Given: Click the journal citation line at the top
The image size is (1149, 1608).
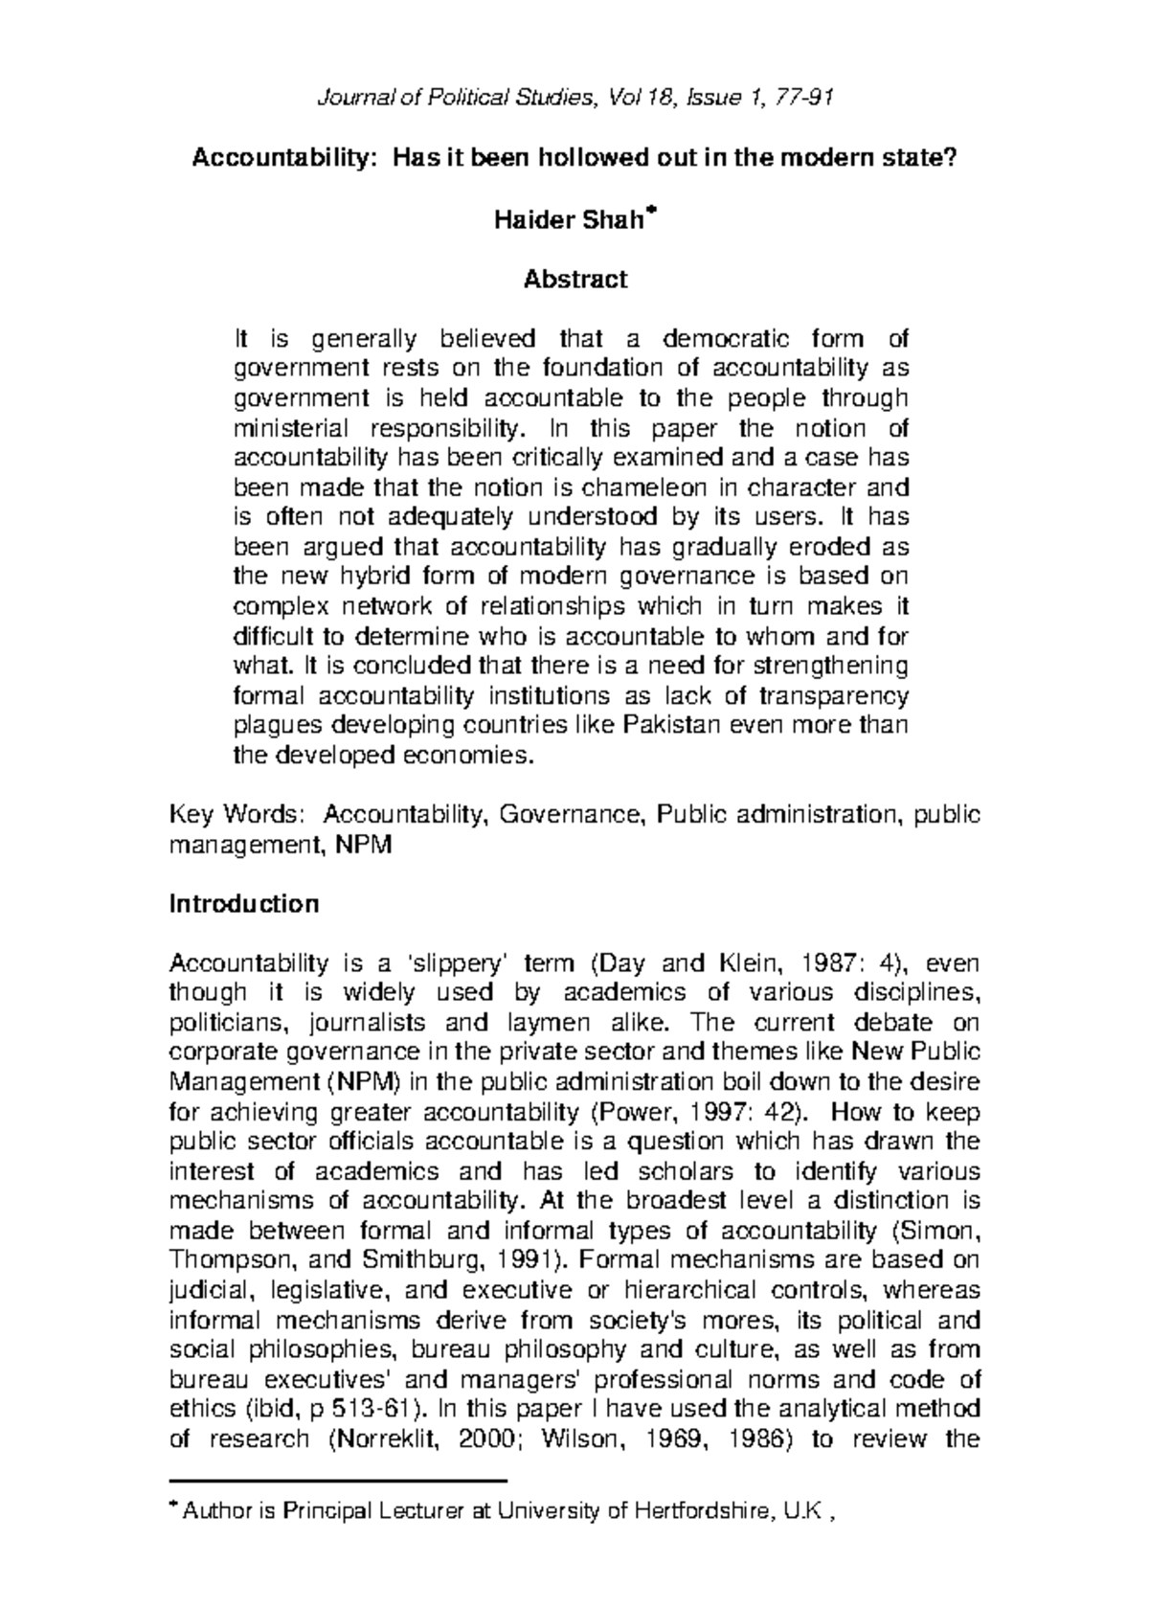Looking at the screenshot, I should pos(574,97).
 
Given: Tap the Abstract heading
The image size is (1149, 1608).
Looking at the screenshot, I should pos(574,280).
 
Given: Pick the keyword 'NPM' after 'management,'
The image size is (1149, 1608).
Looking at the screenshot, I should pos(364,846).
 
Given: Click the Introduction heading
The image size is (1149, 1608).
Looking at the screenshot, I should pos(243,904).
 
